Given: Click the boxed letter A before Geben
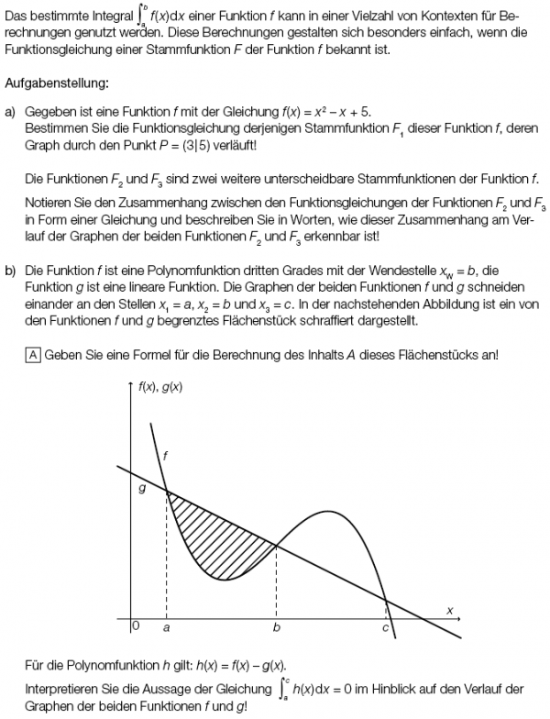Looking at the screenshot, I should [31, 356].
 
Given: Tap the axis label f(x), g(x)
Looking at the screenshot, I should [160, 386].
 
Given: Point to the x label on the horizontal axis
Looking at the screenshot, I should [450, 609].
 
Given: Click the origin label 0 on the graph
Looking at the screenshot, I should [136, 627].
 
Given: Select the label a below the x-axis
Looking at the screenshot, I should [166, 629].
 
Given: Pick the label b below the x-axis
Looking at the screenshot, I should [276, 630].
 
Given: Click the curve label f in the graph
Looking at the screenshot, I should [165, 455].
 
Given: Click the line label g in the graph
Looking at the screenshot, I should [141, 490].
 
